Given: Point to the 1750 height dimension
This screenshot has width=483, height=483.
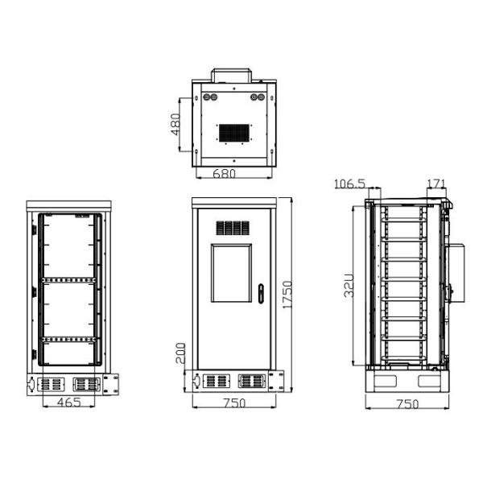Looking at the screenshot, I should point(287,295).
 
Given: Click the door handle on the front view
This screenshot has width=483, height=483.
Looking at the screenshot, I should point(261,292).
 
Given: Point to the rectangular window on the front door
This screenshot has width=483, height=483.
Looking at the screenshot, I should point(232,273).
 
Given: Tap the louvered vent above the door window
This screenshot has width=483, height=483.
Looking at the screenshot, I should point(232,228).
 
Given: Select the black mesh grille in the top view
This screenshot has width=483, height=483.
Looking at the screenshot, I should point(235,130).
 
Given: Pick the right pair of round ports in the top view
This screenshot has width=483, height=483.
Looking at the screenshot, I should point(258,97).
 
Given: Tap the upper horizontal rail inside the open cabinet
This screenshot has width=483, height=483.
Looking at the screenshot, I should point(69,279).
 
